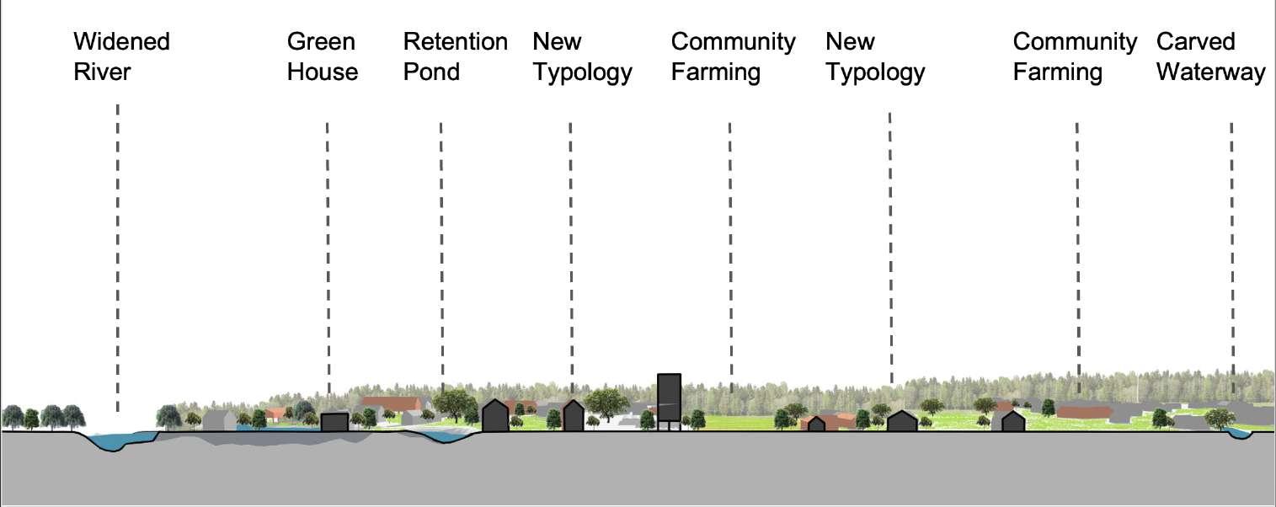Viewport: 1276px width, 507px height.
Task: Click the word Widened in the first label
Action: [x=121, y=41]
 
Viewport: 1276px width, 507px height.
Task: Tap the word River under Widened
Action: [x=102, y=72]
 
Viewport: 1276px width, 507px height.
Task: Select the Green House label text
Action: [x=322, y=56]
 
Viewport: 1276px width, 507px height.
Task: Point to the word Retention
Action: [x=455, y=41]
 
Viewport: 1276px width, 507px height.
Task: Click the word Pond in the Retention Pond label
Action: [x=431, y=72]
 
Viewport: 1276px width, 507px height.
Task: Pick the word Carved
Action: [x=1195, y=41]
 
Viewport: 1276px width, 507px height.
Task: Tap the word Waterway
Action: [x=1210, y=72]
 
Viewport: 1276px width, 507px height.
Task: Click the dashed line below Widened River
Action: [x=118, y=253]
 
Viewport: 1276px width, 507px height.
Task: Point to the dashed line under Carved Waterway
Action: [x=1231, y=253]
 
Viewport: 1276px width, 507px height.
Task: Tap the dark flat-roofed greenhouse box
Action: [x=334, y=422]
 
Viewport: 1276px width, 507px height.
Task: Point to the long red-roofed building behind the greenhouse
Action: [x=391, y=403]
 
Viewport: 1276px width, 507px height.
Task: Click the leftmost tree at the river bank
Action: [x=13, y=416]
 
